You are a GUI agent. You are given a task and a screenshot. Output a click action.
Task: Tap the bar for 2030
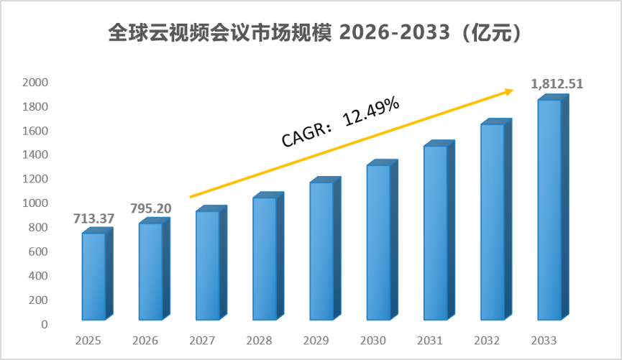[383, 240]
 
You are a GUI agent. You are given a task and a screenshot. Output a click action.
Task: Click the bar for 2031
[439, 231]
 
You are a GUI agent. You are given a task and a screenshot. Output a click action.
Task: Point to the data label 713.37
[93, 218]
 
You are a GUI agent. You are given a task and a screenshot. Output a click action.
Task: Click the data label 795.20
[151, 208]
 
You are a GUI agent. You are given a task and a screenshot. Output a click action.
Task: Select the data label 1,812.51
[557, 84]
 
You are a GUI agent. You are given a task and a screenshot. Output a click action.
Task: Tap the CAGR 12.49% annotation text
[340, 121]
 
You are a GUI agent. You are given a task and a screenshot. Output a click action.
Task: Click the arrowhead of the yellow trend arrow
[509, 91]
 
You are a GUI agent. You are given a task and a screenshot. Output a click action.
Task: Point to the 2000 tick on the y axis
[35, 83]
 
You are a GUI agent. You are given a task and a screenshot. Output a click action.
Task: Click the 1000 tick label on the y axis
[35, 203]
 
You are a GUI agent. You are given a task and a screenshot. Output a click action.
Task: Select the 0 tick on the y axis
[45, 324]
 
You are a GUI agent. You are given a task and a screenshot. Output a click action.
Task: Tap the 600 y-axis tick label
[38, 251]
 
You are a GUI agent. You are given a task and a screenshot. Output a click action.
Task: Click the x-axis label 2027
[202, 341]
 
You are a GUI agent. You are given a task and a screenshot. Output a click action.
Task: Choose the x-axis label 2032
[487, 341]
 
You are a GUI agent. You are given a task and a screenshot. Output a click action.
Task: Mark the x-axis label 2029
[316, 341]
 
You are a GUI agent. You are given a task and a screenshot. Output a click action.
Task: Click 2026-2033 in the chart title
[395, 32]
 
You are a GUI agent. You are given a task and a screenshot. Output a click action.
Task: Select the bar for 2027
[211, 263]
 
